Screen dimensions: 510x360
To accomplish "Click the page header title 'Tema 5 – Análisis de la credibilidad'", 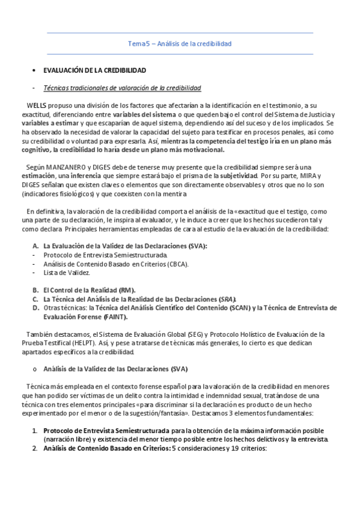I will [x=180, y=44].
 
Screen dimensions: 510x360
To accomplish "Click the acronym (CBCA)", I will [x=178, y=264].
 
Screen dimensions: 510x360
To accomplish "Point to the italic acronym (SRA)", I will [x=228, y=299].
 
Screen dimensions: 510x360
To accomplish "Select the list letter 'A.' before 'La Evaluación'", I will [x=35, y=246].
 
